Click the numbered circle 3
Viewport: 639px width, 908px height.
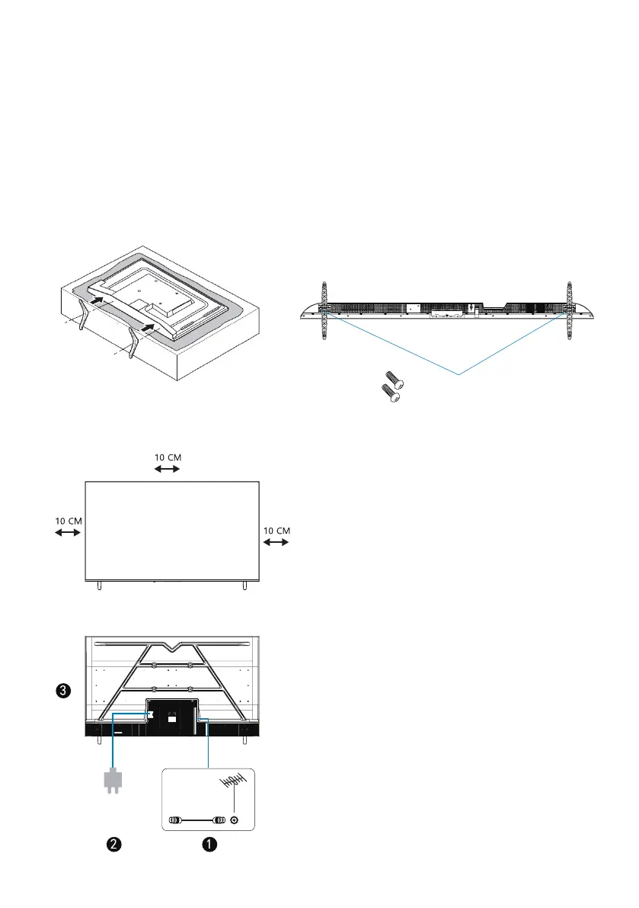(x=63, y=690)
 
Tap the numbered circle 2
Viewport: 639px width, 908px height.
(x=114, y=844)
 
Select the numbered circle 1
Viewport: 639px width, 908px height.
(x=209, y=844)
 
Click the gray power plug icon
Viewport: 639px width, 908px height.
(x=113, y=781)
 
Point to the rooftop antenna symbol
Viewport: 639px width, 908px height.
(x=233, y=782)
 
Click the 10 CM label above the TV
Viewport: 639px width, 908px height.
(x=168, y=457)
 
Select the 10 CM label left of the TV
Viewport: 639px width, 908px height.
(x=69, y=521)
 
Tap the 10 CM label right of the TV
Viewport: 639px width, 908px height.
(x=276, y=531)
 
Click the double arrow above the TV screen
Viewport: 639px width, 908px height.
(x=167, y=469)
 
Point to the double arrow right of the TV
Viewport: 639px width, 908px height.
(x=276, y=543)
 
